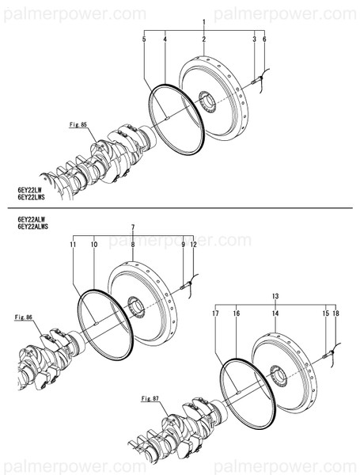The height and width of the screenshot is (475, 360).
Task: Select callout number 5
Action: (145, 39)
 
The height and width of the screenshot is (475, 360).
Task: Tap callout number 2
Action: (203, 39)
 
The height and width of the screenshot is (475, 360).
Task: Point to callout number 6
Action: (263, 39)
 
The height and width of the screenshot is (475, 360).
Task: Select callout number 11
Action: (72, 245)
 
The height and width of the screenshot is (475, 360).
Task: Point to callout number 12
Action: (192, 245)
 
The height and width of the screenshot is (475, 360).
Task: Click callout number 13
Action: (275, 296)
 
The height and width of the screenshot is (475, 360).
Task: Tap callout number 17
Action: (214, 313)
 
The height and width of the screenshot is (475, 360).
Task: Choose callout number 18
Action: (335, 313)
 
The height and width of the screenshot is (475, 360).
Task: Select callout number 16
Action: (236, 313)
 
